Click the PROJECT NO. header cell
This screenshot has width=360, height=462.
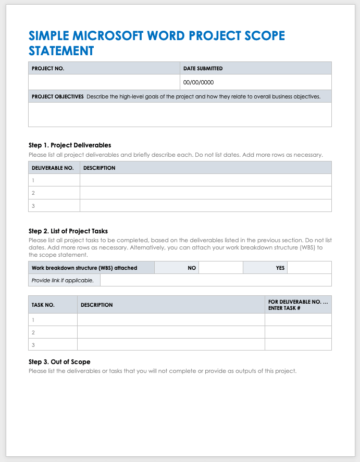coord(48,68)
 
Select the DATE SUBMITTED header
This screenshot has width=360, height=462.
coord(203,68)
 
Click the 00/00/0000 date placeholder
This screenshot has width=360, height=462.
coord(198,82)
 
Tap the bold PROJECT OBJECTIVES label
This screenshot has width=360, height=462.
coord(57,96)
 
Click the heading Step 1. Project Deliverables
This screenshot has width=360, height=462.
coord(70,145)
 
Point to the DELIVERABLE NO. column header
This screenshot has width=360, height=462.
coord(53,168)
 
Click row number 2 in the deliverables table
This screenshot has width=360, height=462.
coord(33,193)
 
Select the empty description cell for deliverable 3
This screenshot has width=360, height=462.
coord(205,205)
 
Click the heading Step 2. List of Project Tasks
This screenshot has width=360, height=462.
coord(68,231)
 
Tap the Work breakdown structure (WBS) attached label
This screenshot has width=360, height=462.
coord(84,268)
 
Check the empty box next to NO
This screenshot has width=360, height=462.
coord(221,268)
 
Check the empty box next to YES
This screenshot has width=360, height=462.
coord(309,268)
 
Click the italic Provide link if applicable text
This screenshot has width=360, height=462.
coord(63,280)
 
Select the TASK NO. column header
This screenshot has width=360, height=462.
coord(43,305)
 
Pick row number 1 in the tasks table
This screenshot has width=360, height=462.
coord(33,320)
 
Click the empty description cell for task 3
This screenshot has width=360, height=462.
coord(171,344)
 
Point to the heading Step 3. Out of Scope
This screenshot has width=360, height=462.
coord(59,361)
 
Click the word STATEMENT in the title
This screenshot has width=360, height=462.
coord(61,51)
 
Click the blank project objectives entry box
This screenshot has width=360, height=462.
coord(180,114)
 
